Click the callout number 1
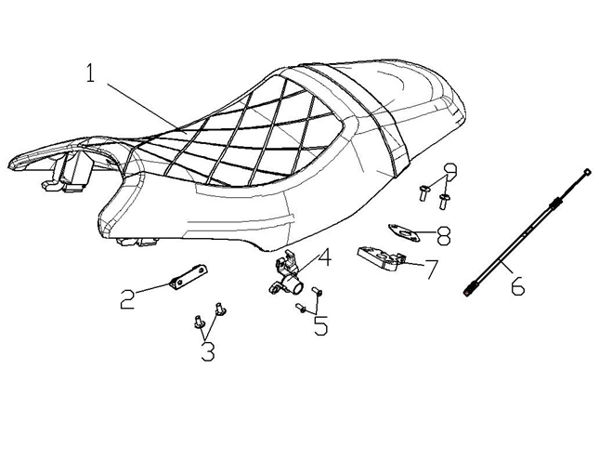[91, 73]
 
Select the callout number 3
[207, 351]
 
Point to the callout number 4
[325, 257]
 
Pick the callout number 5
[320, 325]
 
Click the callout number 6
[515, 285]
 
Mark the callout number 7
[430, 270]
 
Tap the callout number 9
[453, 174]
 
